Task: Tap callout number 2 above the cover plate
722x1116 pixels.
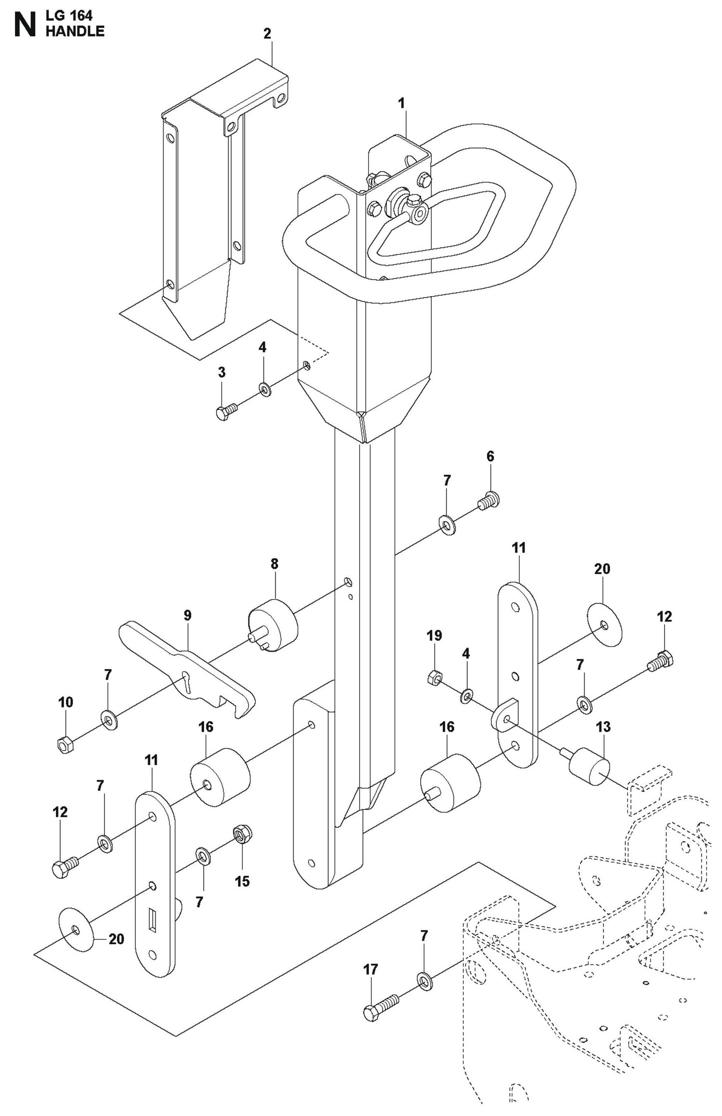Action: tap(267, 34)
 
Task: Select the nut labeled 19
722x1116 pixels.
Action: tap(434, 678)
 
